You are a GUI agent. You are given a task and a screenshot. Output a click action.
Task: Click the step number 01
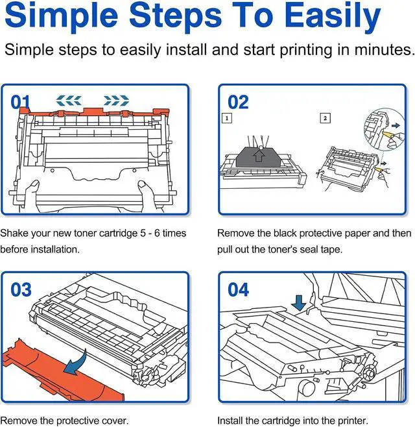coord(20,102)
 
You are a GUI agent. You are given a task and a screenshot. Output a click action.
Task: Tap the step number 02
coord(238,102)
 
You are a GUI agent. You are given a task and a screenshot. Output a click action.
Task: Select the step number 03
coord(21,289)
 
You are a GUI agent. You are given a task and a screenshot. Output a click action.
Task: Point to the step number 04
coord(238,289)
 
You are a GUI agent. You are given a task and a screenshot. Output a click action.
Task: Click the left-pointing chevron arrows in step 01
coord(69,101)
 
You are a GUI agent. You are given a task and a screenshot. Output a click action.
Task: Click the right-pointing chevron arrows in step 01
coord(117,101)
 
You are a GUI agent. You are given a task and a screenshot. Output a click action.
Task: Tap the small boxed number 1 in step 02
coord(227,118)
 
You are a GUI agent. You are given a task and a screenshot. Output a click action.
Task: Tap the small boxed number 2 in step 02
coord(325,118)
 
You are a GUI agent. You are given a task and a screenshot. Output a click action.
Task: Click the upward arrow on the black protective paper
coord(259,156)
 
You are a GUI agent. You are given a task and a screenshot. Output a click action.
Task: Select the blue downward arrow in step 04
coord(299,303)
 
